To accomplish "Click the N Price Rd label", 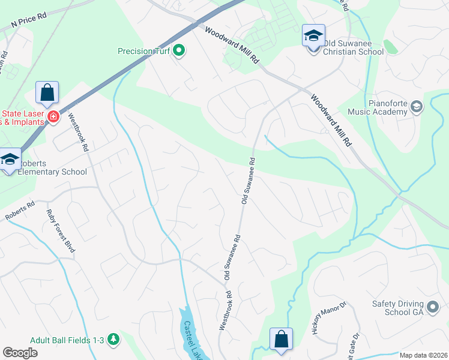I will click(29, 22).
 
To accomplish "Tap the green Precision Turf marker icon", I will click(178, 52).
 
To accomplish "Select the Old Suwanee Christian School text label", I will click(353, 47).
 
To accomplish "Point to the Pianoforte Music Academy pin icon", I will click(418, 107).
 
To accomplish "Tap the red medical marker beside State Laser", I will click(53, 116).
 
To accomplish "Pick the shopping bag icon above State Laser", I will click(47, 94).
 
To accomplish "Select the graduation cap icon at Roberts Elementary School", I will click(10, 160).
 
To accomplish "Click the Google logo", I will click(20, 353).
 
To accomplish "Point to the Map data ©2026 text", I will click(423, 355).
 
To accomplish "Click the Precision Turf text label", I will click(143, 52).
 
